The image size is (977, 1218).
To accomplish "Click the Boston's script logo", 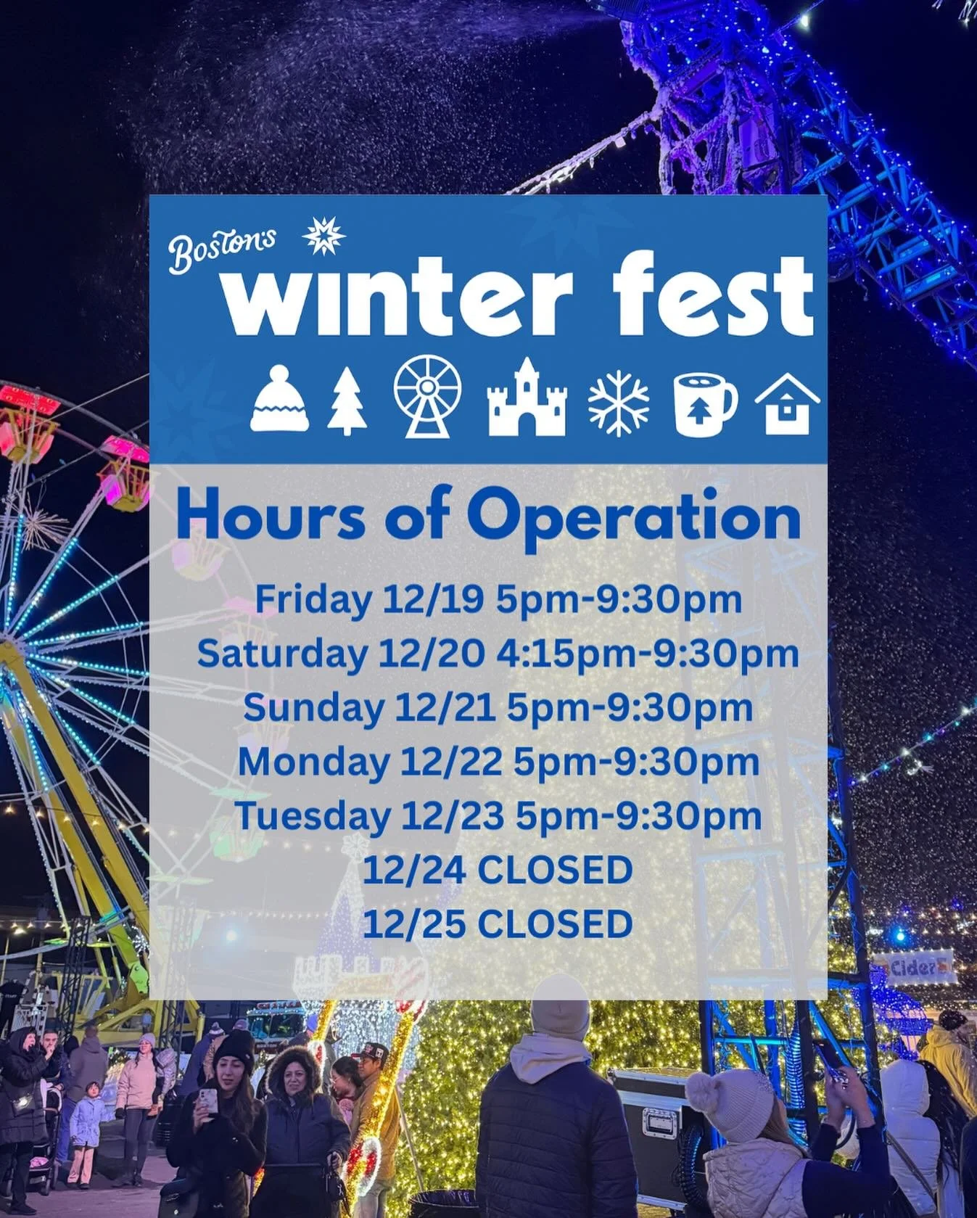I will tap(221, 247).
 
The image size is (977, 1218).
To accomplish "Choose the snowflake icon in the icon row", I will tap(618, 403).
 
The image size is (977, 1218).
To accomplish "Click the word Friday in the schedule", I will tap(313, 601).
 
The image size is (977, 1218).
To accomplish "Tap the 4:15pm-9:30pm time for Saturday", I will tap(648, 654).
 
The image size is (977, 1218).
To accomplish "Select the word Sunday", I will tap(313, 708).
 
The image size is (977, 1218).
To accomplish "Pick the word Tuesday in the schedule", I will tap(312, 815).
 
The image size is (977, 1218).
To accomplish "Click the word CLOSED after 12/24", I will tap(555, 870).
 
